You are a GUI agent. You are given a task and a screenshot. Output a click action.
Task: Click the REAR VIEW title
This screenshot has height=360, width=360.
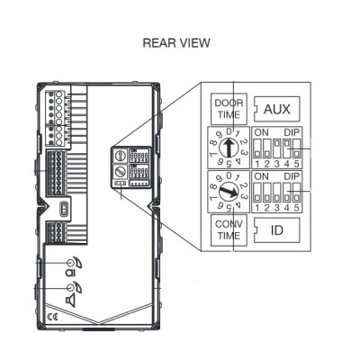click(176, 43)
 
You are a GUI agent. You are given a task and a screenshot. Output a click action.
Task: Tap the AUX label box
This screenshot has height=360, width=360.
click(276, 109)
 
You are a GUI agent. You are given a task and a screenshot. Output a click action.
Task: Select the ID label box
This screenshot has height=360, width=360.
click(276, 230)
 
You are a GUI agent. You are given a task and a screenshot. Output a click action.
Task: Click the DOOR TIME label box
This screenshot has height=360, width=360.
click(229, 109)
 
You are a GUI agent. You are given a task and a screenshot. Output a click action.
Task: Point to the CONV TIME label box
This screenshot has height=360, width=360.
click(229, 229)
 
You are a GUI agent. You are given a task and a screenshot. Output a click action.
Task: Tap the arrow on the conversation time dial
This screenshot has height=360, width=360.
click(229, 192)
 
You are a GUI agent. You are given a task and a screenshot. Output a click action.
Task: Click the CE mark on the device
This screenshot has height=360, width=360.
click(52, 317)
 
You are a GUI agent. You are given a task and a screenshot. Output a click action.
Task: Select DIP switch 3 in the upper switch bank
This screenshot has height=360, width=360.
click(277, 148)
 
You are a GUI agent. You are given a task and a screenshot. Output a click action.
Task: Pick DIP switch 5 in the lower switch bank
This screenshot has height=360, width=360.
click(297, 192)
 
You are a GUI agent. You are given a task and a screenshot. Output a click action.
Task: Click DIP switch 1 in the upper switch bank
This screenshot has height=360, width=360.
click(257, 148)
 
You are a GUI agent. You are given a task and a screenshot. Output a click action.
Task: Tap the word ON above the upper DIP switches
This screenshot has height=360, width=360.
click(261, 132)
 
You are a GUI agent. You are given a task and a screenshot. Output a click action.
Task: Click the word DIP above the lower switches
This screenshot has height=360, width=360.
click(292, 176)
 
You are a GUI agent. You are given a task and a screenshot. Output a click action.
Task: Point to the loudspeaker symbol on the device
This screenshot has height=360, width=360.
click(71, 301)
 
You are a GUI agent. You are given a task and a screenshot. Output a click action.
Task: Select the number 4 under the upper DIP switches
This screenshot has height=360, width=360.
click(287, 164)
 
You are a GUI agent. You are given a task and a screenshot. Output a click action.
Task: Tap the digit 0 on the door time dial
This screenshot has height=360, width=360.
click(229, 131)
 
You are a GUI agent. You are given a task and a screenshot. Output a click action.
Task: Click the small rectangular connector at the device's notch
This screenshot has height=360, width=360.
click(64, 209)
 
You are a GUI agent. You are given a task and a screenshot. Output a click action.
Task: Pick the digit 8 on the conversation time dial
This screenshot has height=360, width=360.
click(213, 187)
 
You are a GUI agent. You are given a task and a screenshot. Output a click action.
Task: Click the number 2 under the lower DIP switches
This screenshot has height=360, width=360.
click(267, 208)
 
